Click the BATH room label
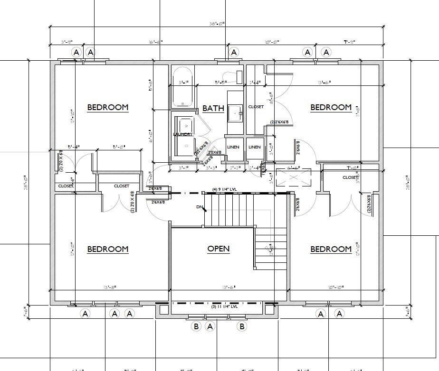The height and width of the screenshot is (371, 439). (213, 108)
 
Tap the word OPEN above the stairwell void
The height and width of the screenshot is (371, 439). (219, 249)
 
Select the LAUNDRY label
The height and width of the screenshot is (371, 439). (183, 134)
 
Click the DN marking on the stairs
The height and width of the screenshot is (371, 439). (200, 207)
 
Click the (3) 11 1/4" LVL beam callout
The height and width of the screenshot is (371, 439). (224, 307)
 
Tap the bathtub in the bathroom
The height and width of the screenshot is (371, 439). (182, 87)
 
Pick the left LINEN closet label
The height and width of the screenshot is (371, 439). (233, 147)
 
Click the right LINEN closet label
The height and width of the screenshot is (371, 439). (255, 147)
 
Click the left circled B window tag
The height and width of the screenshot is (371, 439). (196, 326)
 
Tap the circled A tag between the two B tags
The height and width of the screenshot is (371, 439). (210, 326)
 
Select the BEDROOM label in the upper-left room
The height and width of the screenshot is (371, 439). (108, 107)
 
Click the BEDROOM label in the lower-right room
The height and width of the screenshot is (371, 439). (331, 249)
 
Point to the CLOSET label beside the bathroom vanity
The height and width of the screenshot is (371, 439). (256, 107)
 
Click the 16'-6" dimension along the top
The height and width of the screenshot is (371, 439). (155, 42)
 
